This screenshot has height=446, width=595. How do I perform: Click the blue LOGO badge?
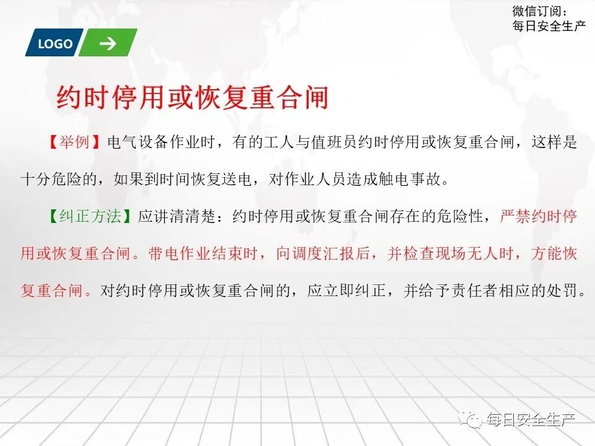tap(55, 43)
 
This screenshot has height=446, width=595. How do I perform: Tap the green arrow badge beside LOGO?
tap(108, 43)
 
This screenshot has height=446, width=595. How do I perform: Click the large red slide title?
tap(192, 98)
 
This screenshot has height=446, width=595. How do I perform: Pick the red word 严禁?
tap(514, 217)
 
